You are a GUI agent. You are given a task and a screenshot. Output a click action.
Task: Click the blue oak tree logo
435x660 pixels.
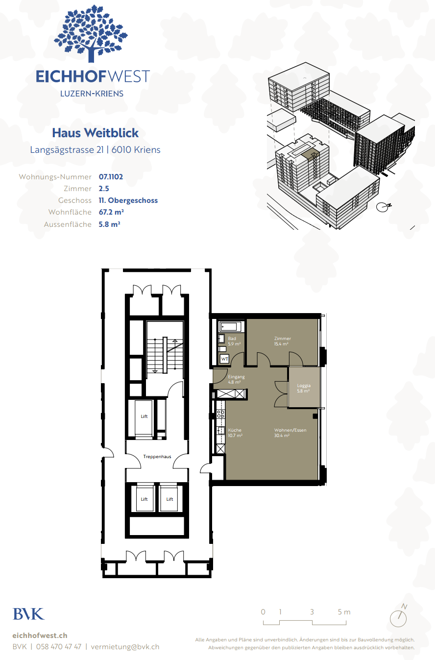click(x=91, y=33)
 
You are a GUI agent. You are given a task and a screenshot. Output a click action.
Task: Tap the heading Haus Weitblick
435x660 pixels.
click(x=95, y=133)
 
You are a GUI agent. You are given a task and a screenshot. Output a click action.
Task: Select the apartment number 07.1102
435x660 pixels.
click(x=111, y=177)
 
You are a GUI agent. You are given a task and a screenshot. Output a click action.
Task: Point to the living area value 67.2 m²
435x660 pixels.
click(x=111, y=212)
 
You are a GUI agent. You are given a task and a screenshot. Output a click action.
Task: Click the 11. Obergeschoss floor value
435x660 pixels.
click(x=128, y=200)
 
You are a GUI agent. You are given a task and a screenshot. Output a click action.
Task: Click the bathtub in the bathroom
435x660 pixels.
click(x=231, y=327)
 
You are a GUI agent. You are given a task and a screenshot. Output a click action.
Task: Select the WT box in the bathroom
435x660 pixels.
click(x=224, y=359)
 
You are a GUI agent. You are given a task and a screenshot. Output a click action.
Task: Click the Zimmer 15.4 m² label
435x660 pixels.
click(x=283, y=341)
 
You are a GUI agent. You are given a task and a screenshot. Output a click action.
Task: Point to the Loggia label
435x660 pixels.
click(x=304, y=386)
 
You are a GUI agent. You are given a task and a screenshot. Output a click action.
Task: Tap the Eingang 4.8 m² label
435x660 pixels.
click(x=236, y=379)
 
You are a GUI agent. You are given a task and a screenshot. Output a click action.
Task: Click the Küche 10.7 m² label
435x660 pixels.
click(x=235, y=433)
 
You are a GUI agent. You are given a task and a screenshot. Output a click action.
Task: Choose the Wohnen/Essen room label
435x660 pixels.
click(x=290, y=430)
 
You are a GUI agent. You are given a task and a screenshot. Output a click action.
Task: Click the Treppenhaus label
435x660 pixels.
click(x=157, y=456)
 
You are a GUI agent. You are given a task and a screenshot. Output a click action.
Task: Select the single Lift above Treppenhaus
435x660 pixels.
click(x=144, y=416)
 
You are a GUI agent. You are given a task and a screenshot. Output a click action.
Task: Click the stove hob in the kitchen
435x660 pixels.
click(x=220, y=414)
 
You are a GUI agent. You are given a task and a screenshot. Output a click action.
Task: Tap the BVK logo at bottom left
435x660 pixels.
click(x=28, y=614)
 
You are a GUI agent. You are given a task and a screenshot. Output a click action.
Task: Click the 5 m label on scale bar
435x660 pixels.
click(x=344, y=612)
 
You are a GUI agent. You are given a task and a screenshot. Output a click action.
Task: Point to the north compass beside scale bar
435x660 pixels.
click(x=399, y=616)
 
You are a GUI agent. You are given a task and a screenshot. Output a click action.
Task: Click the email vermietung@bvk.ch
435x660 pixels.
click(x=125, y=647)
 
